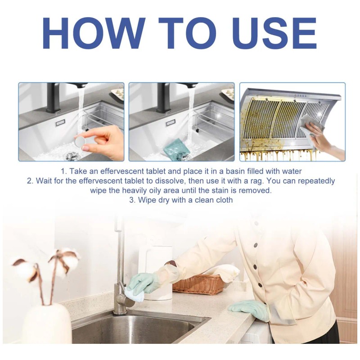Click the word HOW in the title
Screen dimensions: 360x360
pos(94,33)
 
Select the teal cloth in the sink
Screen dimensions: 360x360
pos(176,149)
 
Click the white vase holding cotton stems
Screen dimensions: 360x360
pos(48,324)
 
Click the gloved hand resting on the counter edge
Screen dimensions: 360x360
pos(249,309)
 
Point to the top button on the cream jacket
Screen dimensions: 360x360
pos(256,246)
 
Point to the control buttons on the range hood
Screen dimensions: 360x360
pos(300,95)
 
